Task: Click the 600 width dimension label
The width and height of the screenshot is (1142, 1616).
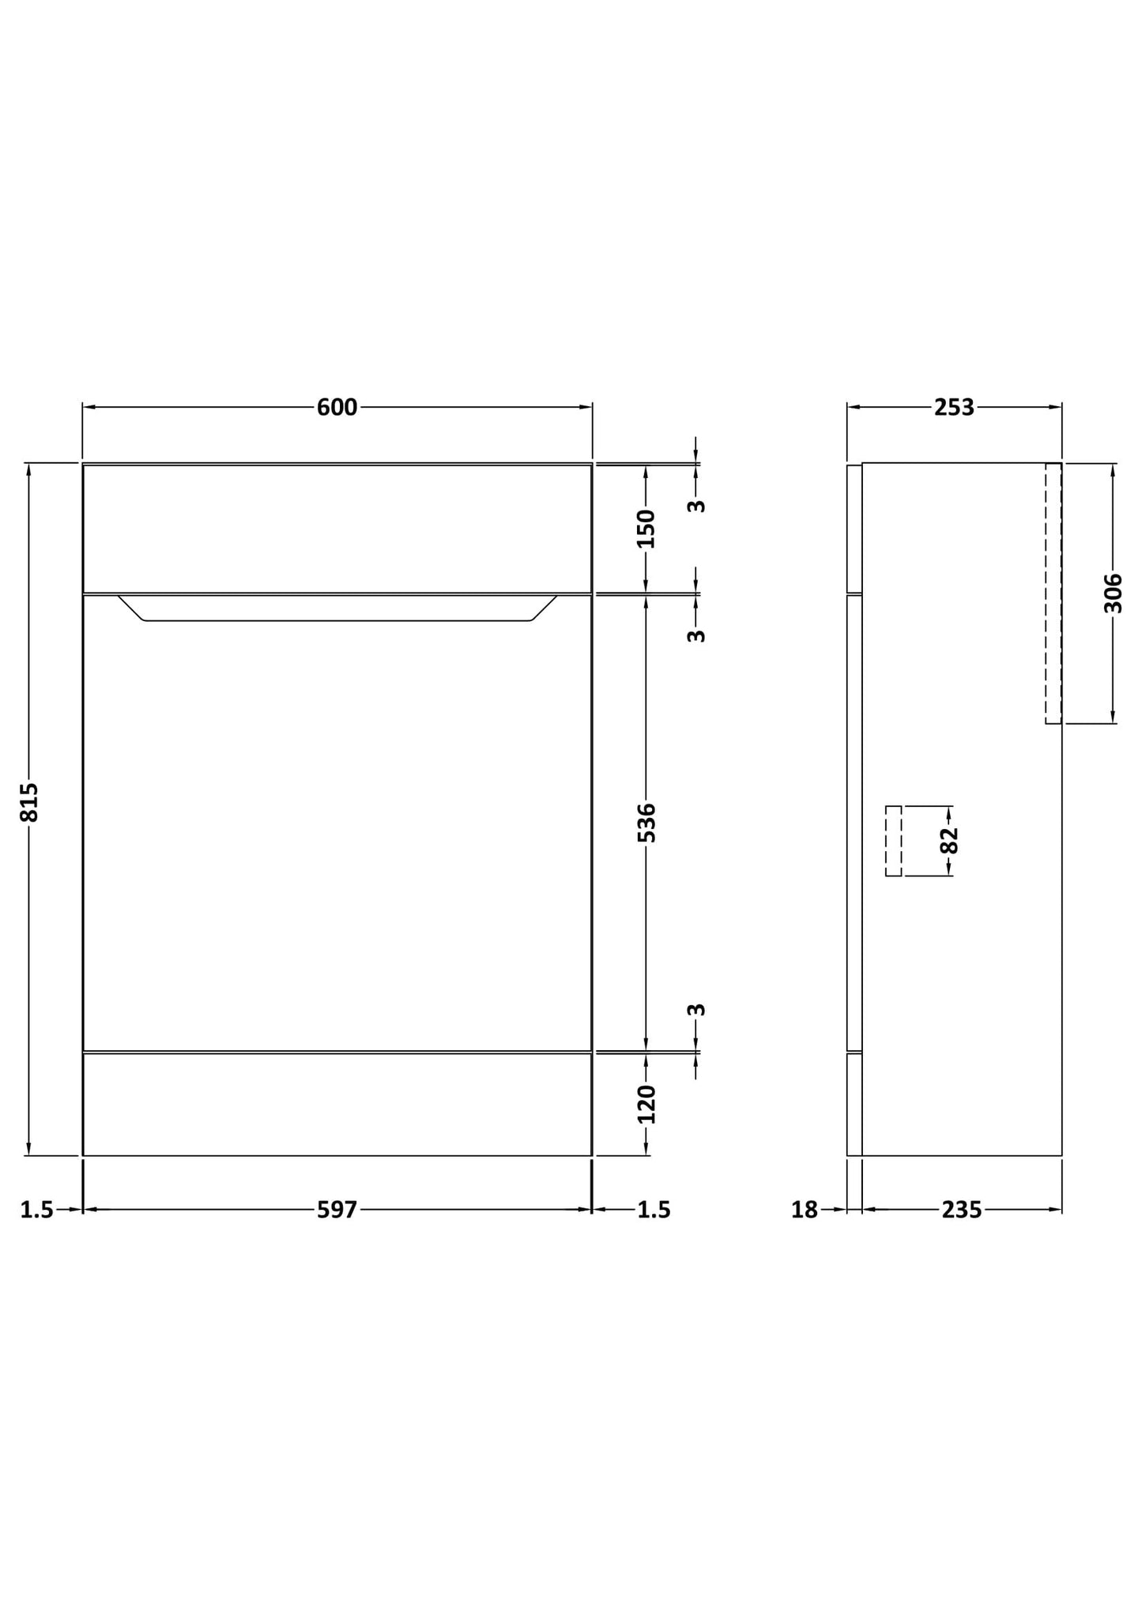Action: coord(337,408)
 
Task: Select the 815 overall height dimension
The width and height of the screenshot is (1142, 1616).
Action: coord(29,802)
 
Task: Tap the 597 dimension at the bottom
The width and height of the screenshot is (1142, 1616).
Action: coord(337,1210)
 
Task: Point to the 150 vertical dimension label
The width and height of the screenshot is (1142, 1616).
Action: coord(646,529)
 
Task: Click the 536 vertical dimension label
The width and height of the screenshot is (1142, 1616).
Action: coord(646,823)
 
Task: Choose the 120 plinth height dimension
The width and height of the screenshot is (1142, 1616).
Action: coord(646,1104)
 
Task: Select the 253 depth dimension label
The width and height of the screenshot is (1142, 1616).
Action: coord(954,408)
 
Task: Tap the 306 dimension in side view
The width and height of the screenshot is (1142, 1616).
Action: coord(1113,593)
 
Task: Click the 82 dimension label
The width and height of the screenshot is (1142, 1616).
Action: coord(949,841)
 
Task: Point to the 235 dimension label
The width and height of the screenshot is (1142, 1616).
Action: coord(961,1210)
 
